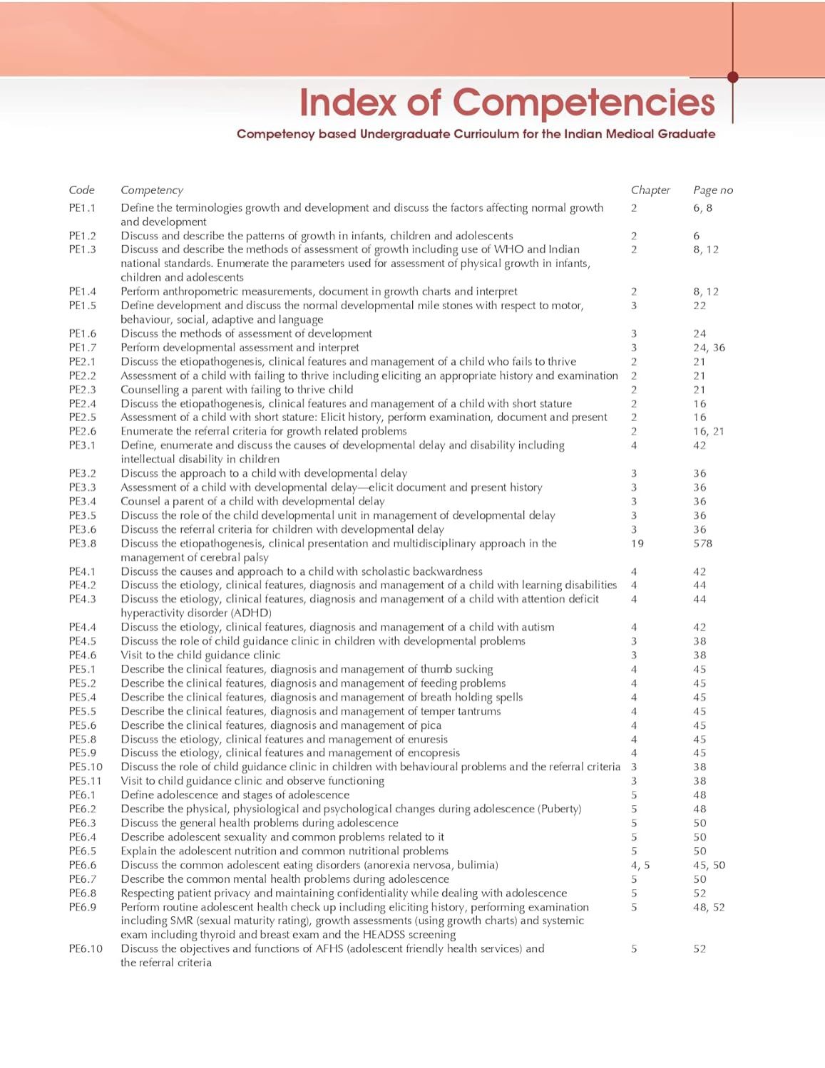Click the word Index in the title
[x=349, y=103]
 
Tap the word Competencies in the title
[x=583, y=103]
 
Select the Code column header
[x=81, y=190]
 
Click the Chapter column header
[x=650, y=190]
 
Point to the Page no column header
[x=712, y=190]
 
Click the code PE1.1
[x=82, y=208]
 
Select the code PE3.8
[x=82, y=543]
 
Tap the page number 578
[x=702, y=543]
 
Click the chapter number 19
[x=637, y=543]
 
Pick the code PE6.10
[x=86, y=948]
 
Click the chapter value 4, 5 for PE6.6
[x=640, y=865]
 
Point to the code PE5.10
[x=86, y=767]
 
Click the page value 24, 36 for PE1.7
[x=709, y=348]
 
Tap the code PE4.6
[x=82, y=655]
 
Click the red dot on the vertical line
[x=732, y=77]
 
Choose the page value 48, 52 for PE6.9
[x=709, y=907]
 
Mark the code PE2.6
[x=82, y=431]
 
